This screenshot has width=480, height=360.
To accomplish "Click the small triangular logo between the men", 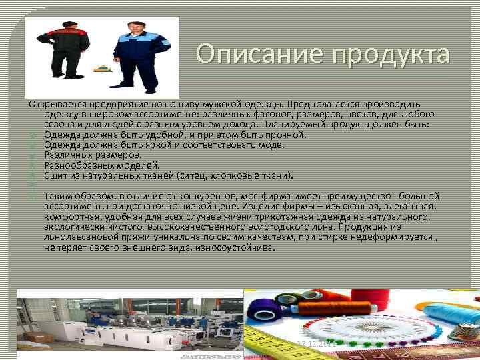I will click(101, 68).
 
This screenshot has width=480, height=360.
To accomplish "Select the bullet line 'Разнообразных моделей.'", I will click(101, 165).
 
